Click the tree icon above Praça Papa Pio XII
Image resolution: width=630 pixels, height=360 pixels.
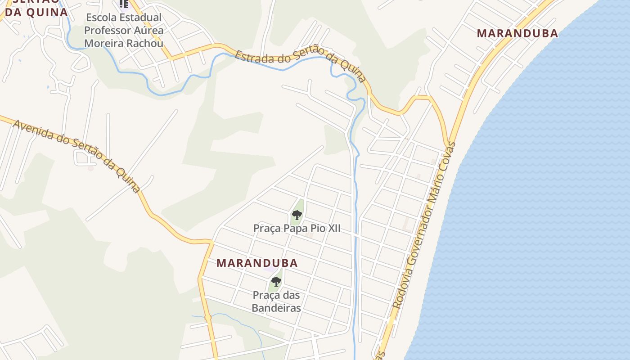tap(297, 215)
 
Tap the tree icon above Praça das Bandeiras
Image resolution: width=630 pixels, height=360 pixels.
tap(276, 282)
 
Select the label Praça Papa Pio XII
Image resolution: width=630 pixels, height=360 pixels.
tap(297, 228)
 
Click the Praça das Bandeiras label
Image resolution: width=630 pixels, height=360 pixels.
tap(276, 301)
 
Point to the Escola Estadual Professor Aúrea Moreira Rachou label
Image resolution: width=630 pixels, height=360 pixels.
tap(124, 31)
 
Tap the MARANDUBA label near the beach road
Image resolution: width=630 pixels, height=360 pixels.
tap(517, 33)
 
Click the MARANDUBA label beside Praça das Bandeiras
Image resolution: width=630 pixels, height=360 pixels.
tap(257, 263)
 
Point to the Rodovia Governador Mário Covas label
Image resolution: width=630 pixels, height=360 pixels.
tap(425, 225)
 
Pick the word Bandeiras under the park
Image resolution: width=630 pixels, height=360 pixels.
tap(276, 308)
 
